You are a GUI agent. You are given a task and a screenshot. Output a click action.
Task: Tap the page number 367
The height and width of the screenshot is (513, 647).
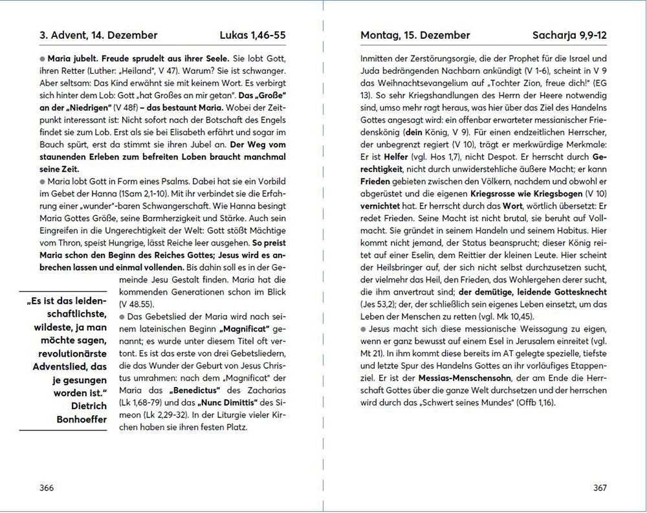click(600, 488)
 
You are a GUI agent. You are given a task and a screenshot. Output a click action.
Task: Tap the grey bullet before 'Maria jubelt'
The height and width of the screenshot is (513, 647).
click(42, 58)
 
